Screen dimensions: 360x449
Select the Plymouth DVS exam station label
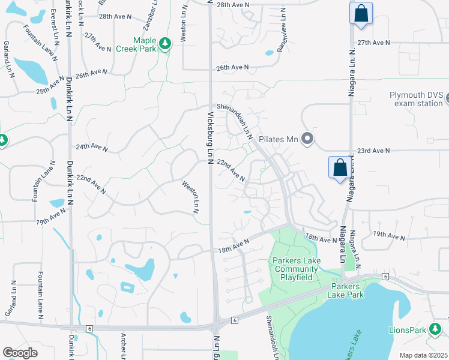click(x=416, y=99)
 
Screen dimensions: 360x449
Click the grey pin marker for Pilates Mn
click(x=307, y=140)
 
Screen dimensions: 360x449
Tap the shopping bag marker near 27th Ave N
click(x=361, y=14)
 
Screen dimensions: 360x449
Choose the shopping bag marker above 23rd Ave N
click(x=340, y=167)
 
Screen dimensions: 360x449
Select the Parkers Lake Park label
click(x=355, y=290)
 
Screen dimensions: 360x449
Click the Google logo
click(x=20, y=353)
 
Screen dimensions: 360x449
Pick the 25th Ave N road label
click(x=50, y=86)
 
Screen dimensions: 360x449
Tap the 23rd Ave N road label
click(x=373, y=151)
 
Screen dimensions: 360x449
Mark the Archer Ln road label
click(x=122, y=346)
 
